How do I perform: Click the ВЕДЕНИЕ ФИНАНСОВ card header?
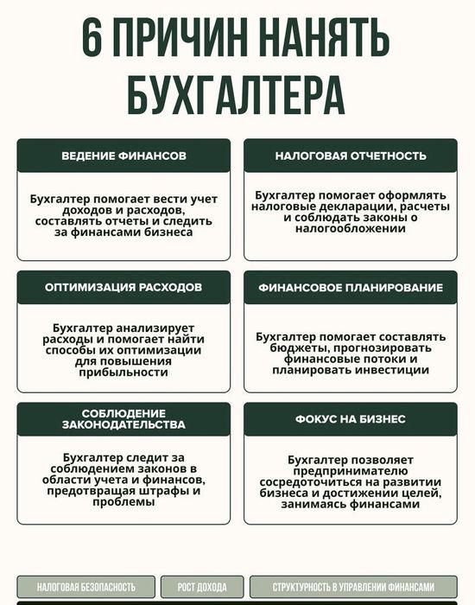click(123, 156)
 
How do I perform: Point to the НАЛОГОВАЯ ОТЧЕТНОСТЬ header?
click(351, 156)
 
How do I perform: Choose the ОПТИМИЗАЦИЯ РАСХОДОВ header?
click(123, 287)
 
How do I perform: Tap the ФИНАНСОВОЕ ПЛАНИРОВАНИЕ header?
click(351, 287)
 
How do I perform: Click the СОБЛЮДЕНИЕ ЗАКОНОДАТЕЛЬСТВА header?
click(123, 418)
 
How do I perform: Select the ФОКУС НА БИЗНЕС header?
click(351, 418)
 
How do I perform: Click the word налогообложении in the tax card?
click(351, 232)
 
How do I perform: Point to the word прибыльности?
click(123, 373)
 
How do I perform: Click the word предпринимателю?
click(351, 471)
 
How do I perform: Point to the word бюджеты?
click(299, 347)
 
